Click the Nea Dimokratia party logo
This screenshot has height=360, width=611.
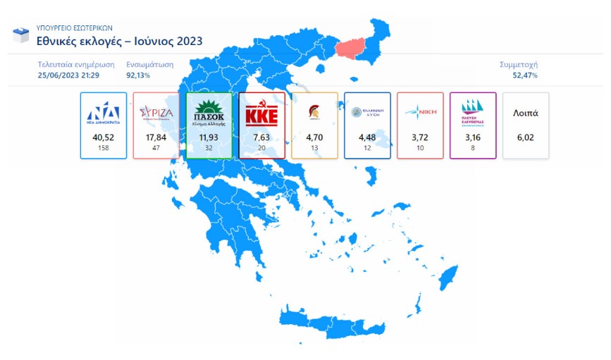(103, 113)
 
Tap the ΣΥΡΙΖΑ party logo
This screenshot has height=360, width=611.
(156, 113)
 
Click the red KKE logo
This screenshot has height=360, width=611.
(261, 114)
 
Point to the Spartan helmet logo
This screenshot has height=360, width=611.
(314, 112)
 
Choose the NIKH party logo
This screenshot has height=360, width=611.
(420, 113)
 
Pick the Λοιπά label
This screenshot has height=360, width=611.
(526, 113)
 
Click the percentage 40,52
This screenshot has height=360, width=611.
(103, 137)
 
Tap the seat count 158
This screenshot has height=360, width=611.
(103, 148)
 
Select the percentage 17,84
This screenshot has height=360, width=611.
(156, 137)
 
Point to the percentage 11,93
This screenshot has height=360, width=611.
(209, 137)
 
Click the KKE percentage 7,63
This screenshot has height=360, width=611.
(261, 137)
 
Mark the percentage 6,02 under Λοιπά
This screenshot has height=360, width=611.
(526, 137)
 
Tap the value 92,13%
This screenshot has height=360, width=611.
(138, 75)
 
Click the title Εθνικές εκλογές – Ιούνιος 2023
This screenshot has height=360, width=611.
(119, 42)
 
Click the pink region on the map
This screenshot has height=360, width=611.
(356, 49)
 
